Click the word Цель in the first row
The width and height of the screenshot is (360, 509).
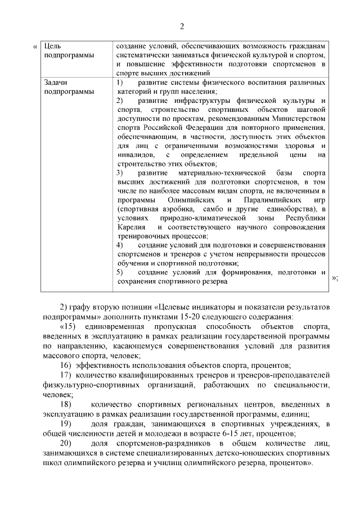tap(52, 46)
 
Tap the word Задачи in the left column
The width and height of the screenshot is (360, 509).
tap(56, 83)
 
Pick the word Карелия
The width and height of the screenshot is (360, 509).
tap(130, 227)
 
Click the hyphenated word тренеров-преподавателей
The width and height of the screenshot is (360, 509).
tap(277, 375)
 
